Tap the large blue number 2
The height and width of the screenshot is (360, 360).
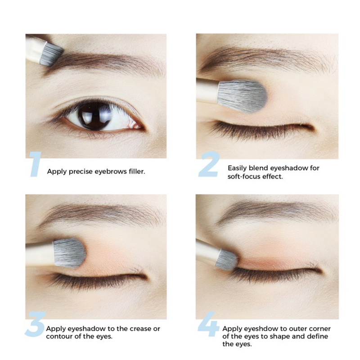click(x=209, y=164)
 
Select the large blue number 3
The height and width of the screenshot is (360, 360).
click(x=36, y=324)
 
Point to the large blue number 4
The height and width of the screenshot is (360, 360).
click(x=208, y=324)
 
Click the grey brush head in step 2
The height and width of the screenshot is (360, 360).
click(x=242, y=96)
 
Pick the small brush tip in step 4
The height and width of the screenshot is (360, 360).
click(x=227, y=260)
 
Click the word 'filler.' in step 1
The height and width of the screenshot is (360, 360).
click(x=137, y=171)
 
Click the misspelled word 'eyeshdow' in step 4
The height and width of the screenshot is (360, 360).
click(x=255, y=329)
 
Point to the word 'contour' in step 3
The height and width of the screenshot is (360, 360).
click(x=57, y=337)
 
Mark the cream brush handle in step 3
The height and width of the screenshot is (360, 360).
click(x=40, y=254)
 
